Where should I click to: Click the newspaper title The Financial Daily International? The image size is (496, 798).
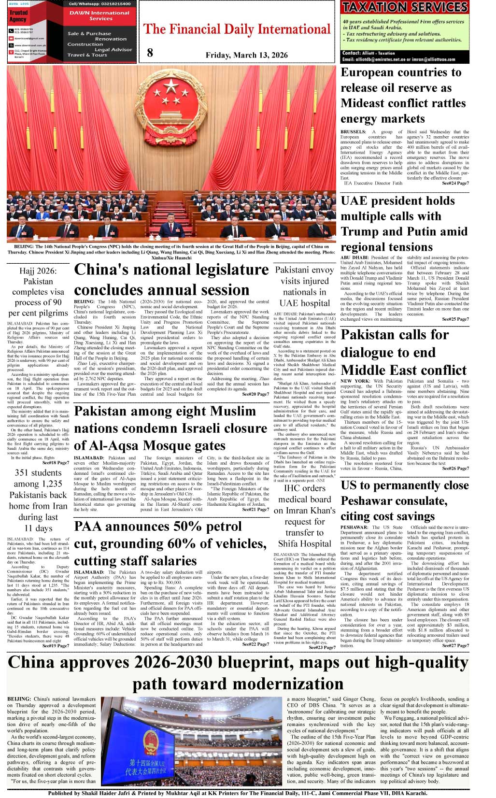pos(237,29)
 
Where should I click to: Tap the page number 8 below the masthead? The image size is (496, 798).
pos(150,53)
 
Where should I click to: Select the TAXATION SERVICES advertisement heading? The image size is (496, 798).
pos(405,7)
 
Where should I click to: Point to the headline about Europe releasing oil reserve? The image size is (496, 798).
pos(403,96)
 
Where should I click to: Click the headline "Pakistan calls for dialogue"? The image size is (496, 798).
pos(404,353)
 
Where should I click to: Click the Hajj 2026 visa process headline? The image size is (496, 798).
pos(38,292)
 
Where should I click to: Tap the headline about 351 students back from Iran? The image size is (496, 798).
pos(38,500)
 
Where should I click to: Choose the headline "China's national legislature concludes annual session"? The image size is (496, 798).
pos(171,280)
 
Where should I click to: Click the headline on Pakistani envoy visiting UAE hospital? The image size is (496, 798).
pos(304,286)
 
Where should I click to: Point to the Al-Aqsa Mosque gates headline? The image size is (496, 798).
pos(170,428)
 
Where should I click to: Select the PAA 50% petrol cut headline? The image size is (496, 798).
pos(170,543)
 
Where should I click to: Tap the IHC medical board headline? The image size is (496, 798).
pos(304,516)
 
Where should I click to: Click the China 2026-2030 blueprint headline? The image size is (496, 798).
pos(238,673)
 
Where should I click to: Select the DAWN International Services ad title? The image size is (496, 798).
pos(99,15)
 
